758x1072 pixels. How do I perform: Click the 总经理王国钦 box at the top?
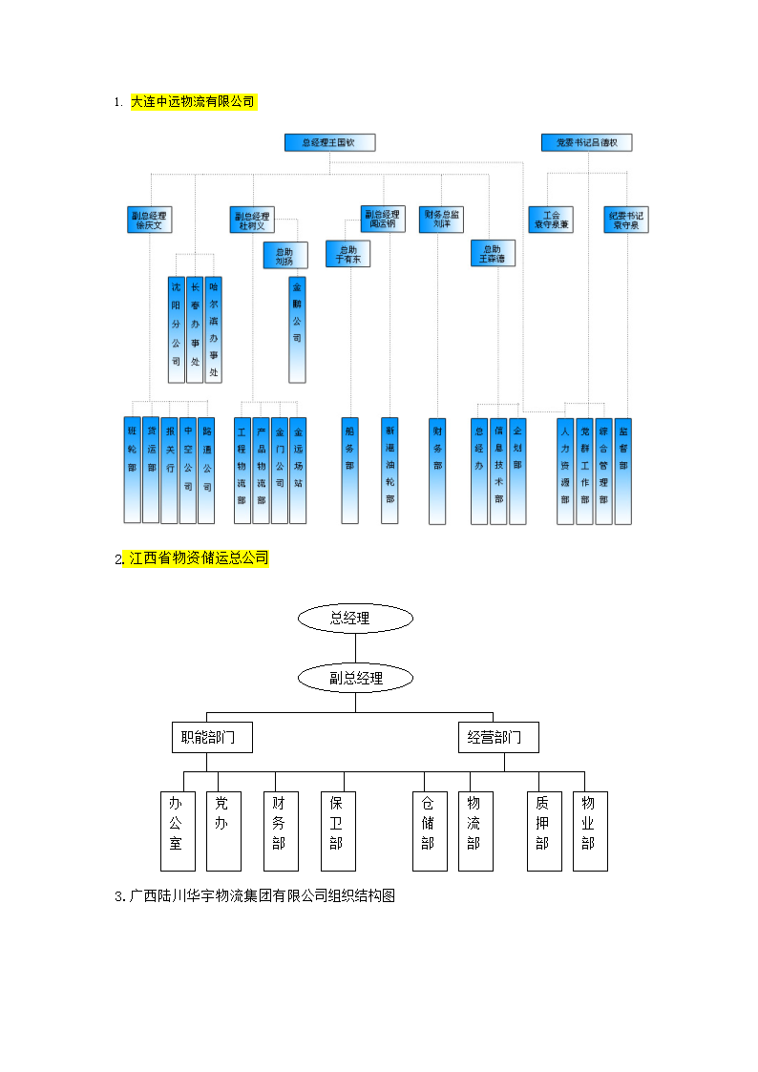tap(329, 143)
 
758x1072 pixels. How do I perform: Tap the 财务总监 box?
tap(441, 220)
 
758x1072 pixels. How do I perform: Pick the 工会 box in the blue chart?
tap(550, 220)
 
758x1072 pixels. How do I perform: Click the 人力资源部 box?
tap(565, 471)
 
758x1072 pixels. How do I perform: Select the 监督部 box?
tap(622, 471)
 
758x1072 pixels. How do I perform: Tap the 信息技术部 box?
tap(498, 471)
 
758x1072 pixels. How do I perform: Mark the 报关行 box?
tap(169, 471)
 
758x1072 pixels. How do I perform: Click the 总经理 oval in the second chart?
tap(355, 619)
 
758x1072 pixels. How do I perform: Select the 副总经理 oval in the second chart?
tap(355, 679)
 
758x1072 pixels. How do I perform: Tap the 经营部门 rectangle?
tap(495, 737)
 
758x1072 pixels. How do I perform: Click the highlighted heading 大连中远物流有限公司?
tap(193, 102)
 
